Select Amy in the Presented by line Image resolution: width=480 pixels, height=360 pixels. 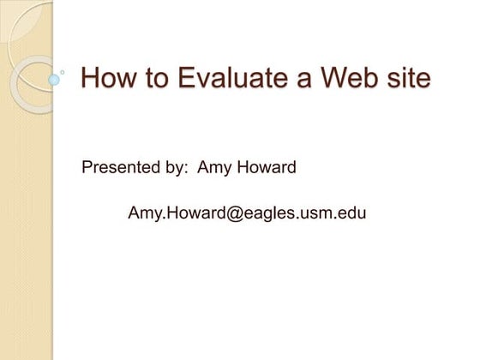click(x=214, y=167)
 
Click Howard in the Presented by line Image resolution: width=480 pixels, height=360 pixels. click(x=267, y=167)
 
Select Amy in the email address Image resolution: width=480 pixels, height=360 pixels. click(x=143, y=213)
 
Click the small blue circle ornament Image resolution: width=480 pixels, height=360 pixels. click(x=55, y=80)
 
